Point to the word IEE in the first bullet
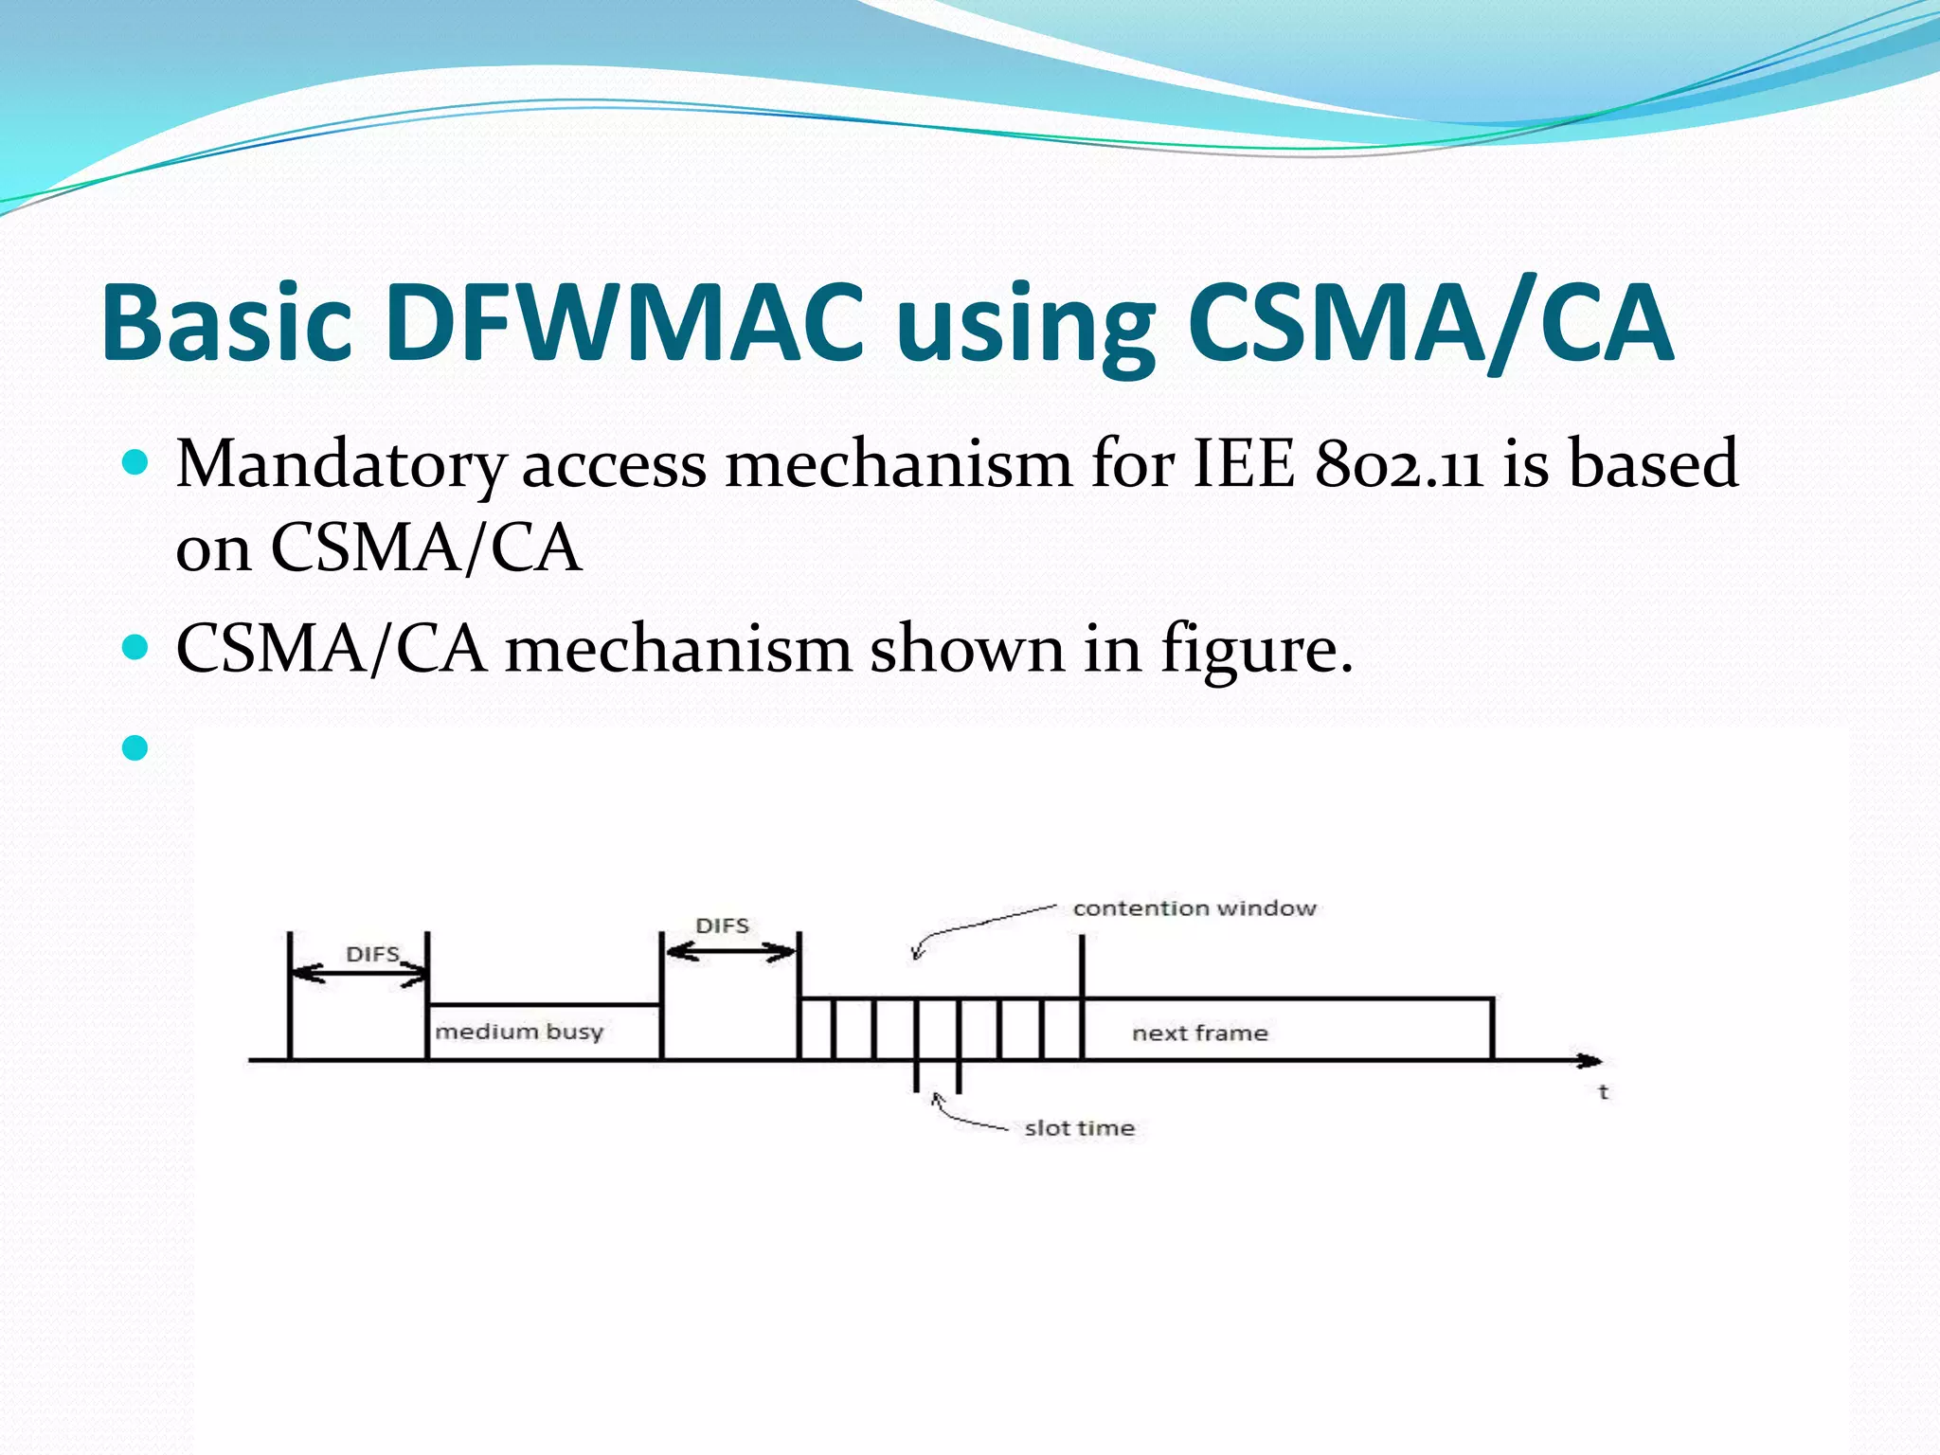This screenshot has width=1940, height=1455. point(1244,464)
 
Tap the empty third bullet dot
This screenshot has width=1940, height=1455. point(136,748)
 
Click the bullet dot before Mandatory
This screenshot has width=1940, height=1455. point(136,463)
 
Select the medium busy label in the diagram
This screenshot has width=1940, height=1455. point(519,1032)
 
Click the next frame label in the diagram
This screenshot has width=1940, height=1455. point(1199,1033)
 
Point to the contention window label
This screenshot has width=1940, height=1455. point(1195,908)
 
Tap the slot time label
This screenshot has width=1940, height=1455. point(1079,1128)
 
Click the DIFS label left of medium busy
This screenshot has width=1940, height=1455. point(372,954)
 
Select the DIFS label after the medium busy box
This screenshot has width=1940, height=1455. point(722,925)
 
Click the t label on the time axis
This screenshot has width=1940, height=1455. point(1603,1092)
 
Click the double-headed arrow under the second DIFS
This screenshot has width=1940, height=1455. point(730,952)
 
